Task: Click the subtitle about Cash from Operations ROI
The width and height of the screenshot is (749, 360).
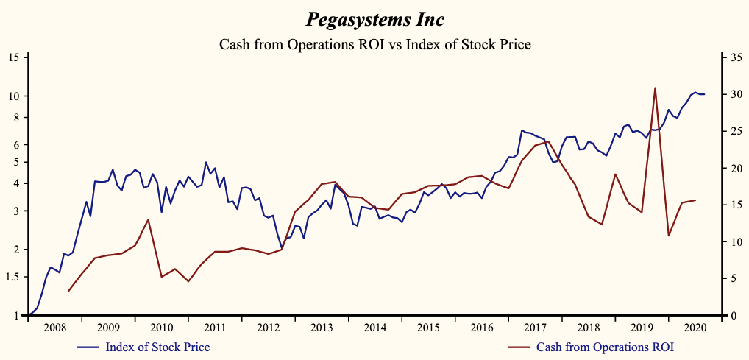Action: coord(374,44)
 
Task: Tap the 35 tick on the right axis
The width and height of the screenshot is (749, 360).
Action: coord(732,57)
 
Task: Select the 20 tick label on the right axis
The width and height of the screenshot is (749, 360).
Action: coord(732,169)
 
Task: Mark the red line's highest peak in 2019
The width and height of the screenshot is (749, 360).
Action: coord(655,88)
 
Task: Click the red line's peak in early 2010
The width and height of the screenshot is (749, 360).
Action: coord(149,219)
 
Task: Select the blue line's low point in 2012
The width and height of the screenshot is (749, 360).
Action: coord(281,248)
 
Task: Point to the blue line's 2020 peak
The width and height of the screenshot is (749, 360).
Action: coord(695,92)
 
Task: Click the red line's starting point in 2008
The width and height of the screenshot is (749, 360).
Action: coord(68,292)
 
